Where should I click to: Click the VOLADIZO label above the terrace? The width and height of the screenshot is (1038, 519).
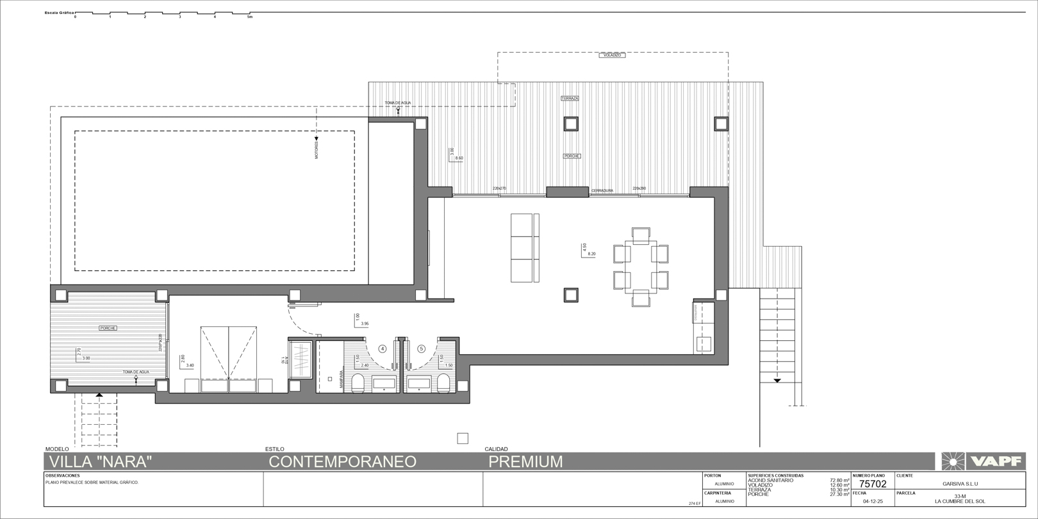tap(613, 56)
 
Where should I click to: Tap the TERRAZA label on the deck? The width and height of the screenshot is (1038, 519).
tap(570, 98)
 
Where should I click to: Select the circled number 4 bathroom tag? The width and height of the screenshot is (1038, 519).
tap(383, 349)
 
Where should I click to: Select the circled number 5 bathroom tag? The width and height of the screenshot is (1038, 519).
tap(421, 349)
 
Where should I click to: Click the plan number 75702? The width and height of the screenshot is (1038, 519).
tap(873, 484)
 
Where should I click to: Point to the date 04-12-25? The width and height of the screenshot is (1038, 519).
tap(873, 501)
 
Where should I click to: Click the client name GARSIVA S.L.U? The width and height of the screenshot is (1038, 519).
tap(960, 484)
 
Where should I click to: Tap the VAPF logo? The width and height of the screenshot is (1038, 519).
tap(983, 461)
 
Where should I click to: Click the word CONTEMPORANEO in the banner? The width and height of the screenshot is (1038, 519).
tap(342, 461)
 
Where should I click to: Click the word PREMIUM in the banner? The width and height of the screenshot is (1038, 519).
tap(525, 461)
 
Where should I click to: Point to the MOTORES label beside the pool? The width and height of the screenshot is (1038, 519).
tap(317, 149)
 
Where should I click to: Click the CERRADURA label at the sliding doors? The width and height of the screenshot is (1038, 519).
tap(602, 191)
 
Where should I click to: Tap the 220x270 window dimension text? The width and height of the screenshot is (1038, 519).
tap(499, 188)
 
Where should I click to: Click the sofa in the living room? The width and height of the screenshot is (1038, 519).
tap(525, 248)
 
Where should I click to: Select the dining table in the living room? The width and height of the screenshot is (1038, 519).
tap(641, 267)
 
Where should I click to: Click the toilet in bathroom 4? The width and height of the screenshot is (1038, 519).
tap(358, 384)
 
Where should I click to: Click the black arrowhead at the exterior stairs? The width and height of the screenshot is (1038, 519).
tap(777, 381)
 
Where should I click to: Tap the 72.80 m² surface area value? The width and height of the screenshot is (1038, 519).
tap(839, 480)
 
